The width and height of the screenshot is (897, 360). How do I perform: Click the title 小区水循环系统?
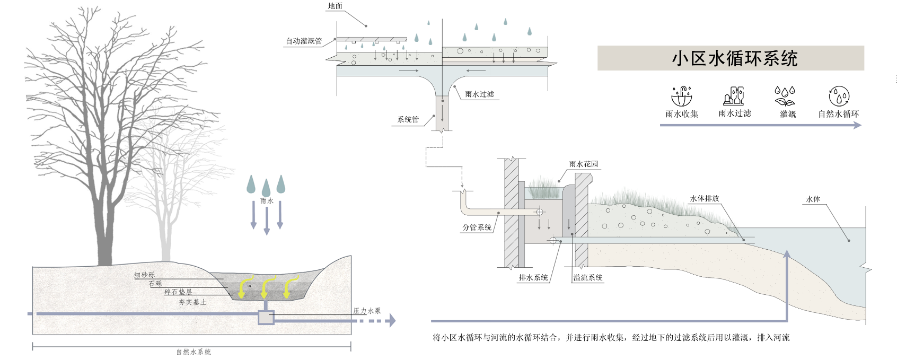coord(734,58)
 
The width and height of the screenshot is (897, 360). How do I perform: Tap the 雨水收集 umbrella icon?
coord(682,96)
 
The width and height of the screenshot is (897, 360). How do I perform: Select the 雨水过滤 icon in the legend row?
coord(734,96)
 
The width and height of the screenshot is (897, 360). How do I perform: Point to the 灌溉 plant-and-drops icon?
coord(785,96)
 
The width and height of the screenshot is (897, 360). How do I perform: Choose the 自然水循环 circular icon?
coord(839,96)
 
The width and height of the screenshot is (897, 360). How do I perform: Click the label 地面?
coord(335,6)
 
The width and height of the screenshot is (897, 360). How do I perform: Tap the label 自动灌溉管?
coord(303,41)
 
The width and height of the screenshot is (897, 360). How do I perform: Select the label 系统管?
coord(408,119)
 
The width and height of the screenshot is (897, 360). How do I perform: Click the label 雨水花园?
coord(584,164)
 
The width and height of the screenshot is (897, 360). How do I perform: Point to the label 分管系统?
coord(477,227)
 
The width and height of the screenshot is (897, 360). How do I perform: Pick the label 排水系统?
coord(533,277)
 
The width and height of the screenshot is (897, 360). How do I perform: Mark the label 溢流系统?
coord(588,277)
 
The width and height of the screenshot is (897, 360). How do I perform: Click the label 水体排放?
coord(705,198)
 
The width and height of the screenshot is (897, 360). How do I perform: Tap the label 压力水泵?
coord(367,311)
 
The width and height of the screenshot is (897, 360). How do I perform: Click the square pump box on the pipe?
coord(266,317)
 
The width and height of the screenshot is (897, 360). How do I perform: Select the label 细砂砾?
coord(144,275)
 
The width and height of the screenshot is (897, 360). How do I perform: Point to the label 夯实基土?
coord(192,302)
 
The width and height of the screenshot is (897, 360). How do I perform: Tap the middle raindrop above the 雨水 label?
coord(266,187)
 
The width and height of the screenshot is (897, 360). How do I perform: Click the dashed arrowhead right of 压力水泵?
coord(392,320)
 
